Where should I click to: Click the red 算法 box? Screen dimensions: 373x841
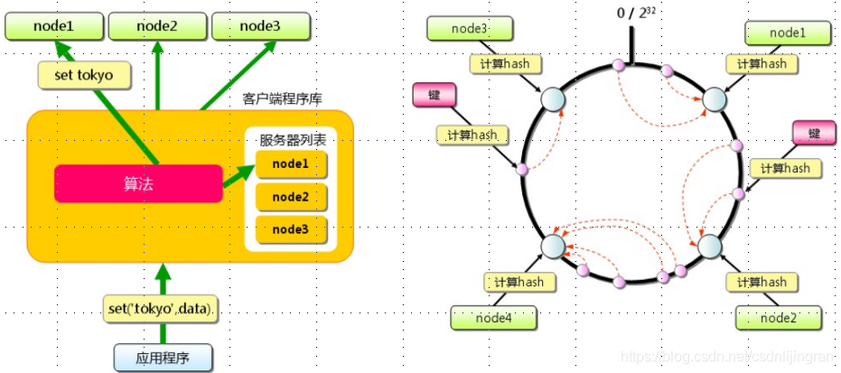tap(137, 183)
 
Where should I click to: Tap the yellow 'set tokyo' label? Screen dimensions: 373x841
tap(82, 75)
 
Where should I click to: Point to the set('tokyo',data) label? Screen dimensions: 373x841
tap(164, 310)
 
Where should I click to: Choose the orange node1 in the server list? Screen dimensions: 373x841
tap(290, 164)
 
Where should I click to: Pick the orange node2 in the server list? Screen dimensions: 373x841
tap(290, 197)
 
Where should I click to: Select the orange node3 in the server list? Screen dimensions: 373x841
tap(290, 229)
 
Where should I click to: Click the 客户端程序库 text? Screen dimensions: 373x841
tap(280, 98)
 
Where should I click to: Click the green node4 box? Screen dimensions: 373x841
tap(494, 318)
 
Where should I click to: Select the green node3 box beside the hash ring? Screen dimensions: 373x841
tap(470, 30)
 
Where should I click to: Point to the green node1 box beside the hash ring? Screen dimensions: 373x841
tap(787, 33)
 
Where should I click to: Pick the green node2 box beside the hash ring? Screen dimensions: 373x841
tap(778, 318)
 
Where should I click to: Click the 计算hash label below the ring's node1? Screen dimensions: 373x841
tap(762, 64)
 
